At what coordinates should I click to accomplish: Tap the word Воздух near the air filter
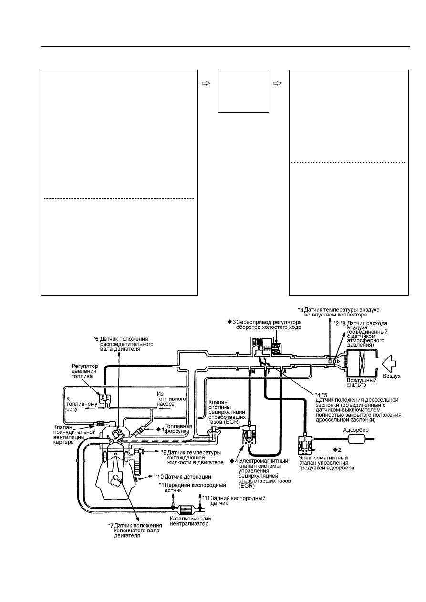[x=392, y=376]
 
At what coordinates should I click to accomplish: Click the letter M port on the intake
[x=253, y=372]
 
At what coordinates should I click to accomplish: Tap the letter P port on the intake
[x=268, y=372]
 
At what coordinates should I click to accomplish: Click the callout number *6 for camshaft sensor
[x=96, y=339]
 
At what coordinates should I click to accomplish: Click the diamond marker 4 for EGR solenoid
[x=234, y=461]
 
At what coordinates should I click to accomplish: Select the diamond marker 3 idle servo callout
[x=232, y=322]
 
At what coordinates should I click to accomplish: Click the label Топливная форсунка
[x=178, y=429]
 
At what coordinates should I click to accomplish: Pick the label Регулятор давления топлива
[x=85, y=371]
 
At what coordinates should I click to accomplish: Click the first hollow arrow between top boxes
[x=206, y=83]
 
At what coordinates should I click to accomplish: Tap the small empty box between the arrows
[x=243, y=91]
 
